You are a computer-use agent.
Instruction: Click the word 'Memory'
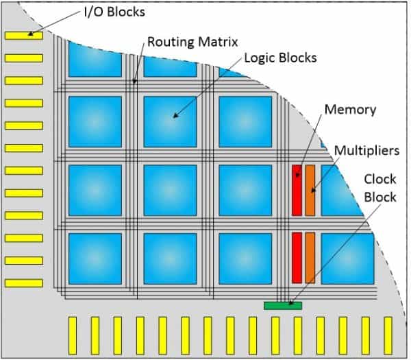[x=350, y=109]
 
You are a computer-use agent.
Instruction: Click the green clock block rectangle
[x=282, y=305]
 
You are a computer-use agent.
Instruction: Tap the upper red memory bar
[x=297, y=189]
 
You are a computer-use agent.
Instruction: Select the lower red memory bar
[x=297, y=257]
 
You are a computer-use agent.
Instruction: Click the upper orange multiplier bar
[x=310, y=189]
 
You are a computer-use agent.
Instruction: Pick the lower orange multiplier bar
[x=310, y=257]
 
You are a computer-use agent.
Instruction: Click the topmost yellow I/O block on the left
[x=23, y=35]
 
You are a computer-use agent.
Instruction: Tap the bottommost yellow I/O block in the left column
[x=23, y=283]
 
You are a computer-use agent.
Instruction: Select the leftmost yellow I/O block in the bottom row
[x=72, y=334]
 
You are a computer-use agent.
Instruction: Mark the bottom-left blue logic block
[x=95, y=258]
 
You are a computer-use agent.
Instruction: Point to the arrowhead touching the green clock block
[x=291, y=302]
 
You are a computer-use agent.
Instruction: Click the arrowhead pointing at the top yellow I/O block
[x=30, y=34]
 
